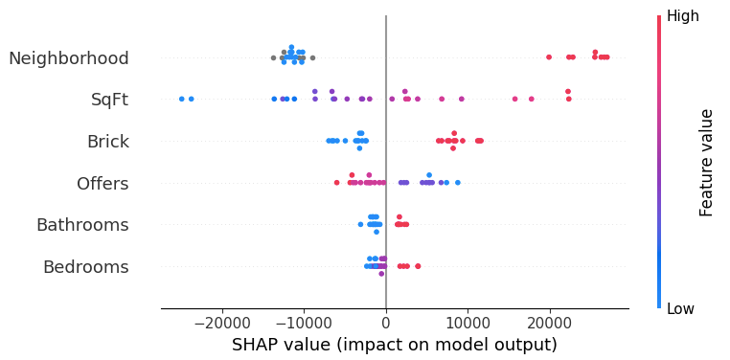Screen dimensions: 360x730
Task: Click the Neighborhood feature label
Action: [68, 58]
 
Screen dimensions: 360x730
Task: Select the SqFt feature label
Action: [109, 100]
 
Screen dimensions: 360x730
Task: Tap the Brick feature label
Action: [107, 142]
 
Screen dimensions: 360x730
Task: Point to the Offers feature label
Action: [103, 183]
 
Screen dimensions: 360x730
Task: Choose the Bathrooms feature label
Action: [82, 225]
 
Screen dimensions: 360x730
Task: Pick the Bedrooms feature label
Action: [85, 267]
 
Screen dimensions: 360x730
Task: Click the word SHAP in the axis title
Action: [256, 345]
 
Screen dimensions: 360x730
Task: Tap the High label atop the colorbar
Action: [683, 16]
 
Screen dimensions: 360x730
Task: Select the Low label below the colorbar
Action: [681, 308]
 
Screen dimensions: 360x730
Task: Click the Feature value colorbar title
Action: [707, 162]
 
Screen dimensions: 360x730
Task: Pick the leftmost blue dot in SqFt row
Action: [181, 99]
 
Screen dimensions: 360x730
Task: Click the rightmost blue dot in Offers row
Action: [457, 182]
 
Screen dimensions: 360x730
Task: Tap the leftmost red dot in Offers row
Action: [336, 182]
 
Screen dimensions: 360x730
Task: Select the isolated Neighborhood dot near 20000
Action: [549, 57]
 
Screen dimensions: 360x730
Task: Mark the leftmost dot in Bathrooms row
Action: [360, 224]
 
